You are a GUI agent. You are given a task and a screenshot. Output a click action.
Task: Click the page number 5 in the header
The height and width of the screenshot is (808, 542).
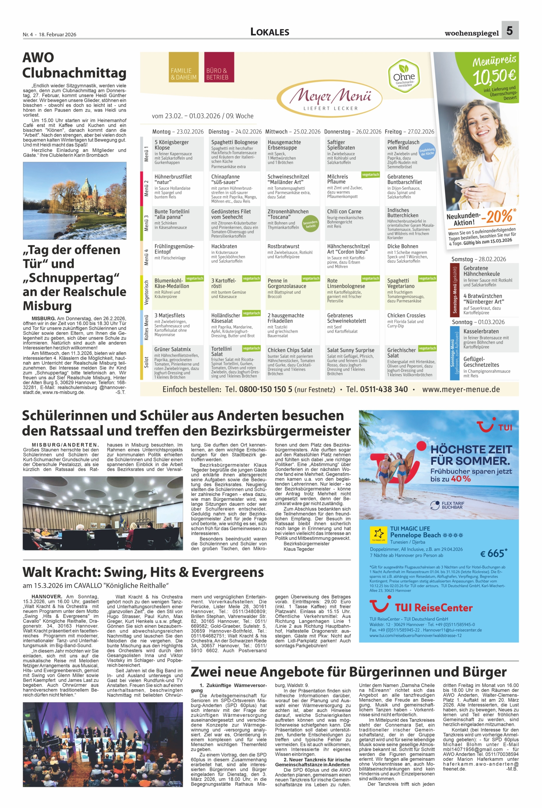509,30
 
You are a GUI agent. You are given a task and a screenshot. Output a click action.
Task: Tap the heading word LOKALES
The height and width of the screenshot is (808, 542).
270,32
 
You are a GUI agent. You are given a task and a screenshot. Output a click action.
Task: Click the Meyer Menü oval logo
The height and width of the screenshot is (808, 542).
330,97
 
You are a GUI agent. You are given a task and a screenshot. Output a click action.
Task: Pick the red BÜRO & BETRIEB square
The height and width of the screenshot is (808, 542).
219,67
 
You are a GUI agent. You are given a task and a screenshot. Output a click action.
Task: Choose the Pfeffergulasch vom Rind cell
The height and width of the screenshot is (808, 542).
410,154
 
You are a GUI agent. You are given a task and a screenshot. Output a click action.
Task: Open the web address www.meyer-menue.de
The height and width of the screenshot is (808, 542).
461,389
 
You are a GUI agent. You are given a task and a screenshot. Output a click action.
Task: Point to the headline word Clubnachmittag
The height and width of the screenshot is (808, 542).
74,73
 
